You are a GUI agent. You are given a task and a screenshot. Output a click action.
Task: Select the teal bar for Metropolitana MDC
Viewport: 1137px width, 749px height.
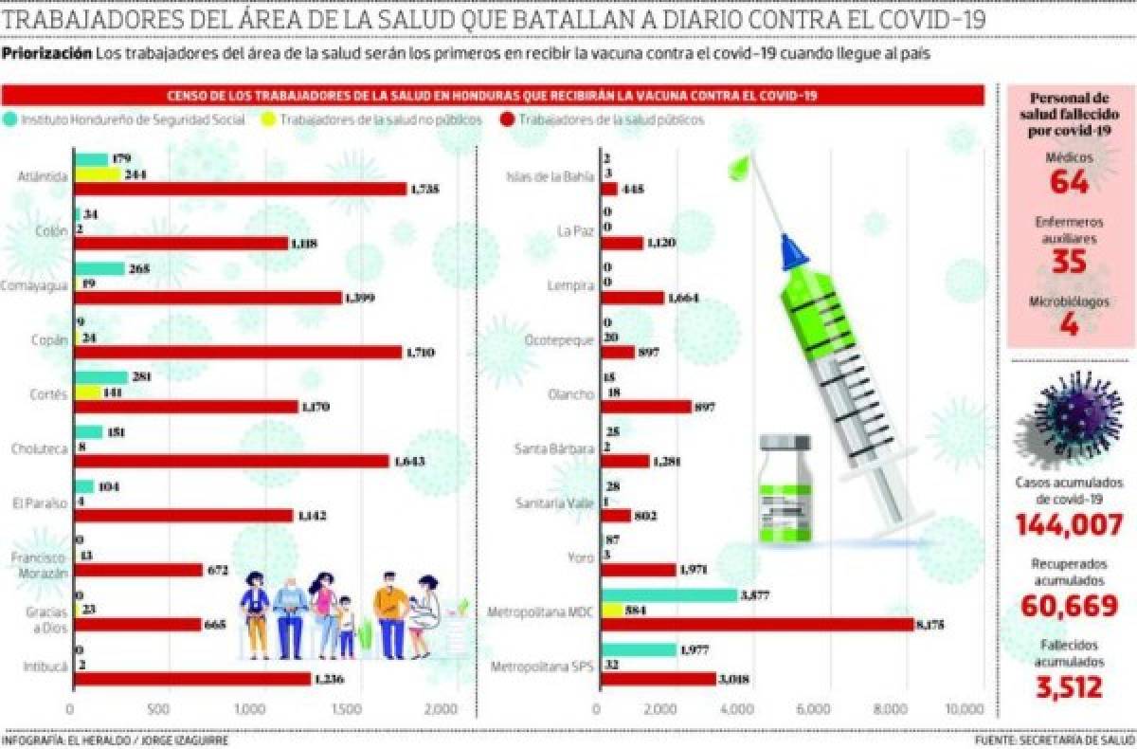coord(668,595)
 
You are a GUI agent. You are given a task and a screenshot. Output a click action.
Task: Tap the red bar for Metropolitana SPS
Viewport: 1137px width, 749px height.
coord(658,679)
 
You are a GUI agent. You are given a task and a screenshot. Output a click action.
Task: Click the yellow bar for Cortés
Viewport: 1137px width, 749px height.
coord(87,392)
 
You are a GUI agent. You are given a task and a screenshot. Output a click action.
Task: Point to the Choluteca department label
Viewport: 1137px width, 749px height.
coord(39,448)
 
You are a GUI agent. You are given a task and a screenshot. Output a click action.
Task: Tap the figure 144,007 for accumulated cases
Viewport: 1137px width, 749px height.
coord(1070,523)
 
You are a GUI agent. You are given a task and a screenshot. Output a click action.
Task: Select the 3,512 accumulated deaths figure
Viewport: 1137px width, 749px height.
coord(1070,687)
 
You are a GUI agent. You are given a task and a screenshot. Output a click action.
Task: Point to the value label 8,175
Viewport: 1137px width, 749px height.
coord(933,625)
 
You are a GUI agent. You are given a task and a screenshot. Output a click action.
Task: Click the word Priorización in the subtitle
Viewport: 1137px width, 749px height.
coord(47,54)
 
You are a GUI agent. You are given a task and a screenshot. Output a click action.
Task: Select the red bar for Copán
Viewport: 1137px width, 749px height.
coord(237,352)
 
